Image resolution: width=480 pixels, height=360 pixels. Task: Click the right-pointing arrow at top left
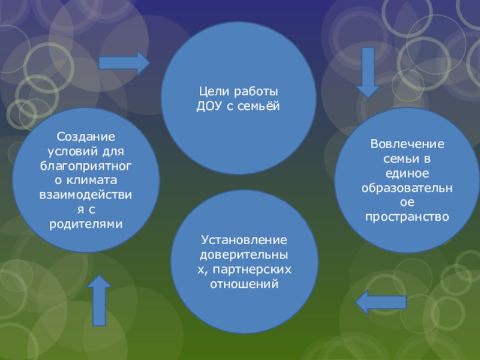[124, 62]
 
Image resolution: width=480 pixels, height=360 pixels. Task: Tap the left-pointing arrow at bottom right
[381, 302]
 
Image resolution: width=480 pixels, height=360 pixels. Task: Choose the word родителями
[86, 224]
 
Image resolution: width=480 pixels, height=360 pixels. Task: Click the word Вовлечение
[407, 145]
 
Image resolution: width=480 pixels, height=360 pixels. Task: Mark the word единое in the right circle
[407, 174]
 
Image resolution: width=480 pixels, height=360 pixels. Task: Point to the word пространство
[407, 216]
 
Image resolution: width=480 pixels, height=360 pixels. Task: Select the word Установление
[244, 240]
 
